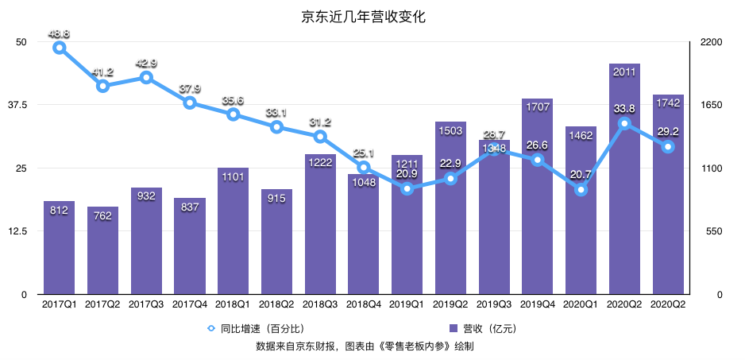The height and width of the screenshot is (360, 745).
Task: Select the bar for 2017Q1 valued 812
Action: click(x=60, y=248)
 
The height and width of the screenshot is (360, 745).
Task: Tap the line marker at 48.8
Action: click(x=60, y=48)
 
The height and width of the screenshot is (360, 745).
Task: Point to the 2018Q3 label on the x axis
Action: click(x=320, y=304)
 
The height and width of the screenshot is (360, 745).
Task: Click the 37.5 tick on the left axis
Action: click(x=17, y=105)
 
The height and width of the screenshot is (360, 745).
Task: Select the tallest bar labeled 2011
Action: click(x=625, y=180)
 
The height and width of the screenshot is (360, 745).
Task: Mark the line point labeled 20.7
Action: click(x=581, y=190)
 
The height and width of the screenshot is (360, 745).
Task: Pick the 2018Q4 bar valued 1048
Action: click(x=364, y=234)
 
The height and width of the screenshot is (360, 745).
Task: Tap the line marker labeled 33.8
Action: click(x=625, y=123)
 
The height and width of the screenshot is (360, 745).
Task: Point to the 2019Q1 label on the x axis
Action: click(x=407, y=304)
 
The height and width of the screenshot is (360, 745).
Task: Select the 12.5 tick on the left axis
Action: click(x=17, y=231)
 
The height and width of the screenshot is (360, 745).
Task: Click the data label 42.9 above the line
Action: click(x=146, y=63)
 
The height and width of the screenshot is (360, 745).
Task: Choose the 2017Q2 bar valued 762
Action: click(x=103, y=251)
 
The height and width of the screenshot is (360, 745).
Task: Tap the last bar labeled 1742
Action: click(x=668, y=195)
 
